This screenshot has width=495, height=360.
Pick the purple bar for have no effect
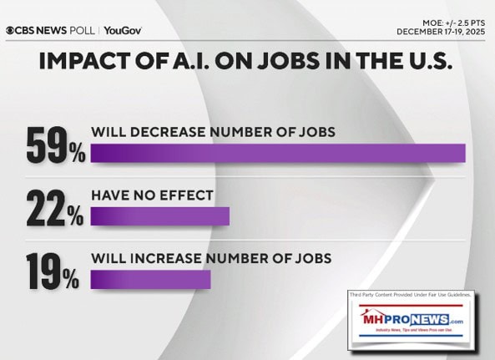click(x=159, y=216)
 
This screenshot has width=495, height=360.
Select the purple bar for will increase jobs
click(x=150, y=279)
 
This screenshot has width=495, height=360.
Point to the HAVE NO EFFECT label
click(x=152, y=195)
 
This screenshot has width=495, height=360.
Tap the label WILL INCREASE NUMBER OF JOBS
click(x=211, y=258)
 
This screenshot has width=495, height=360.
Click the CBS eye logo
click(x=11, y=31)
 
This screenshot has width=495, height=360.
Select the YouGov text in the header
click(x=123, y=31)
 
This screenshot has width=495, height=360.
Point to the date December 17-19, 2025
click(x=442, y=32)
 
